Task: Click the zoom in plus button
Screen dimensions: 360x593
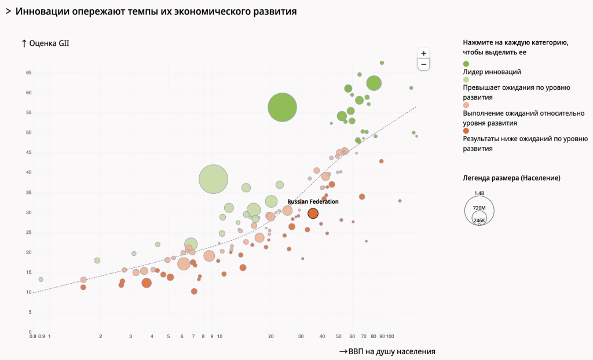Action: pos(424,53)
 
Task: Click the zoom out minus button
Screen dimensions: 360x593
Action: pos(424,64)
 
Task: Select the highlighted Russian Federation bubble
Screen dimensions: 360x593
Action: pos(313,214)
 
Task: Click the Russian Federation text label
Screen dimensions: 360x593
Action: pos(313,201)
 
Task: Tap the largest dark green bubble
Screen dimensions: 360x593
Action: pos(283,107)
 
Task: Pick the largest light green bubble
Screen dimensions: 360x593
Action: pos(213,179)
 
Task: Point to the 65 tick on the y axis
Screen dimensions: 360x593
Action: pos(28,73)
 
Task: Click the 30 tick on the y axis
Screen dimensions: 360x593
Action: pos(28,212)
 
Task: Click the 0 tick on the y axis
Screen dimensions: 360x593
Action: pos(30,332)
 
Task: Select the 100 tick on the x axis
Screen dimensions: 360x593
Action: pos(390,336)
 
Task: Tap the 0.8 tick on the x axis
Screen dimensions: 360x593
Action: pos(33,336)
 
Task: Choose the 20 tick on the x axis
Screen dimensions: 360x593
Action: pos(270,336)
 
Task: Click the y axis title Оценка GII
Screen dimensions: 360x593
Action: pos(45,43)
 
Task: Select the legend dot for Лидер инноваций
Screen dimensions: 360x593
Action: pos(466,64)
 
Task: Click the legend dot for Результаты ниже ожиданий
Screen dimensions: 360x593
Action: pos(466,131)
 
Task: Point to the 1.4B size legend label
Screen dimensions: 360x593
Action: pos(479,193)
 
